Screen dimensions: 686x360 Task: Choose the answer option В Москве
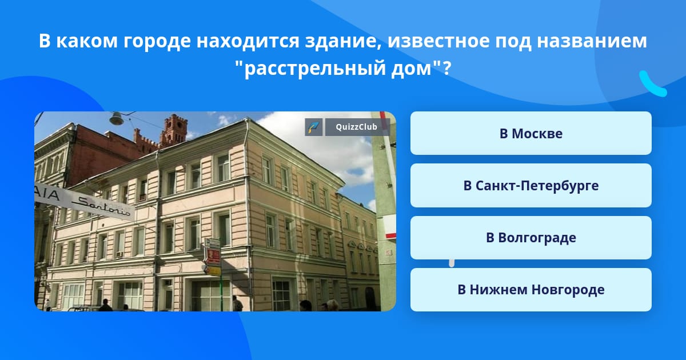(531, 133)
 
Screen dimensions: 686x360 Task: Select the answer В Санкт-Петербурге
(531, 186)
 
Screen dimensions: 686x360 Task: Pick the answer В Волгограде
(531, 238)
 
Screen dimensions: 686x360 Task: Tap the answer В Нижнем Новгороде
(531, 290)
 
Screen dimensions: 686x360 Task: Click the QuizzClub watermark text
(356, 127)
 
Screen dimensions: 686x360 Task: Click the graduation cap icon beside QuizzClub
(314, 127)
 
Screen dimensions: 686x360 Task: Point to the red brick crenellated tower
(173, 130)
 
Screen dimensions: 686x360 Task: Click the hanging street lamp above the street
(117, 118)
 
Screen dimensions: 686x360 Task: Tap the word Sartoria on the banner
(102, 207)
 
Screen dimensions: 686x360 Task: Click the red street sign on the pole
(213, 256)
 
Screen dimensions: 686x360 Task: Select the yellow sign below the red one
(213, 270)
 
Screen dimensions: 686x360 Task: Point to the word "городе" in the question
(157, 41)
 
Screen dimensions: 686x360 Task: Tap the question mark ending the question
(447, 68)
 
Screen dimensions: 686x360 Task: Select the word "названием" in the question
(592, 41)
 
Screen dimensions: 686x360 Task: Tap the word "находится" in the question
(248, 41)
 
